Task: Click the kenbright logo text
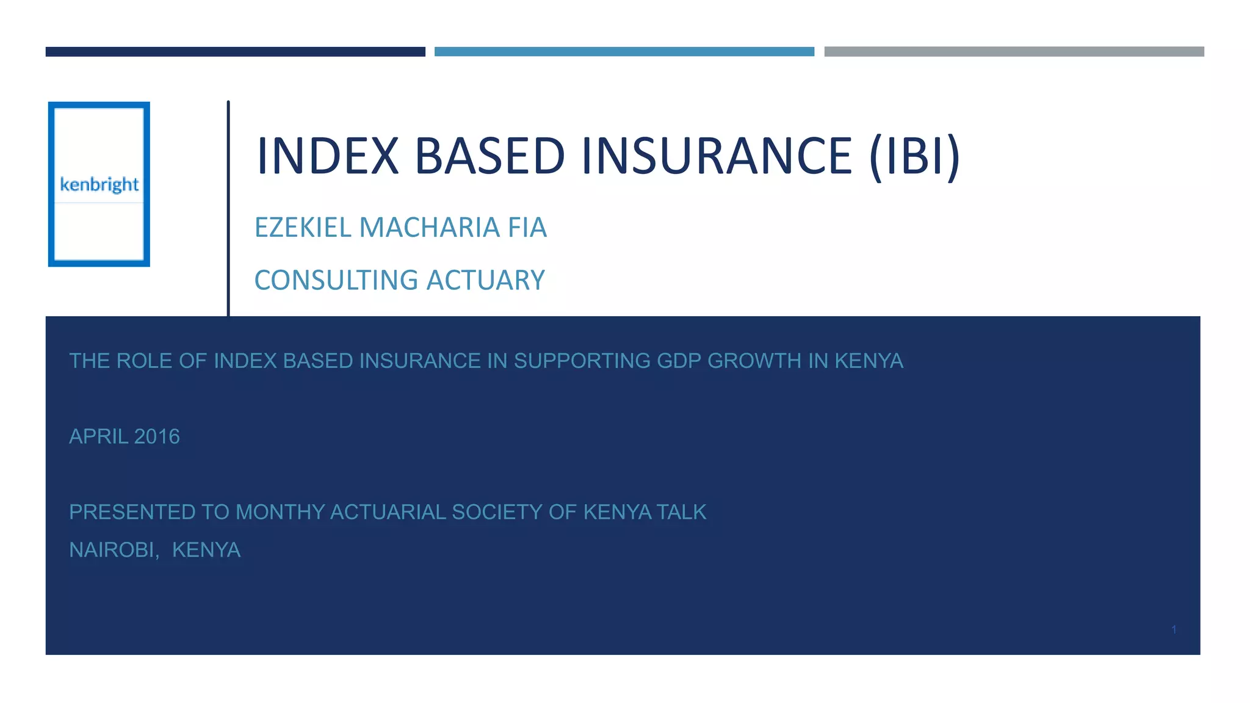pos(99,184)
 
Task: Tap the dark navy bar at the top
pos(235,52)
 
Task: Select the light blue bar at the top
pos(624,52)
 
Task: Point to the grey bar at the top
pos(1014,52)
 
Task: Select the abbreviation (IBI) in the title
pos(914,156)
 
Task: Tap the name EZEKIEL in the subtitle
pos(303,228)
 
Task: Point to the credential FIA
pos(527,228)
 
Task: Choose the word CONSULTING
pos(336,281)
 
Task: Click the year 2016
pos(157,437)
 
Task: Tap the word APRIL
pos(98,437)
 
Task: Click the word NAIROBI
pos(114,550)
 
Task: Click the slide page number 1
pos(1174,630)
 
